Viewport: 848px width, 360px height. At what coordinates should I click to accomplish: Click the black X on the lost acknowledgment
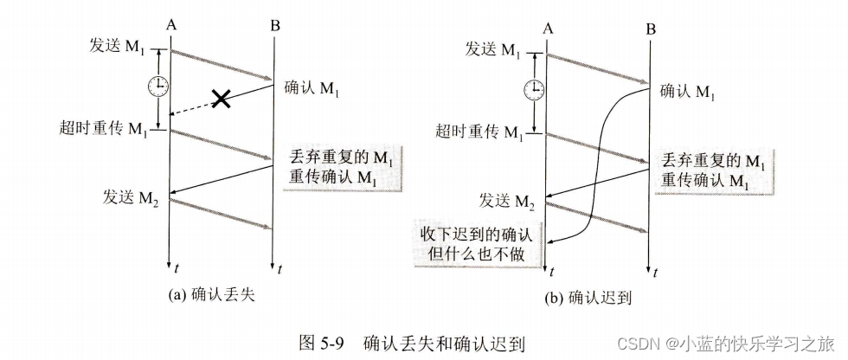(x=222, y=99)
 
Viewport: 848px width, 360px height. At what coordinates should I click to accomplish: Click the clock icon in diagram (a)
(x=157, y=87)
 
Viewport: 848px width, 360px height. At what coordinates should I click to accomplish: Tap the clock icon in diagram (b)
(x=536, y=88)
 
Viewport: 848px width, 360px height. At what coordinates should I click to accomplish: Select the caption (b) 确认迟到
(x=588, y=299)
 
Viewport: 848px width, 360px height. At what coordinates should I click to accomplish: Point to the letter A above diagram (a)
(x=171, y=27)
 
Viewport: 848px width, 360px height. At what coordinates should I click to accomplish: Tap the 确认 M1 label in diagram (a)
(x=312, y=87)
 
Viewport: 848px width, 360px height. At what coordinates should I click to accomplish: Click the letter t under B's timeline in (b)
(x=655, y=273)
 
